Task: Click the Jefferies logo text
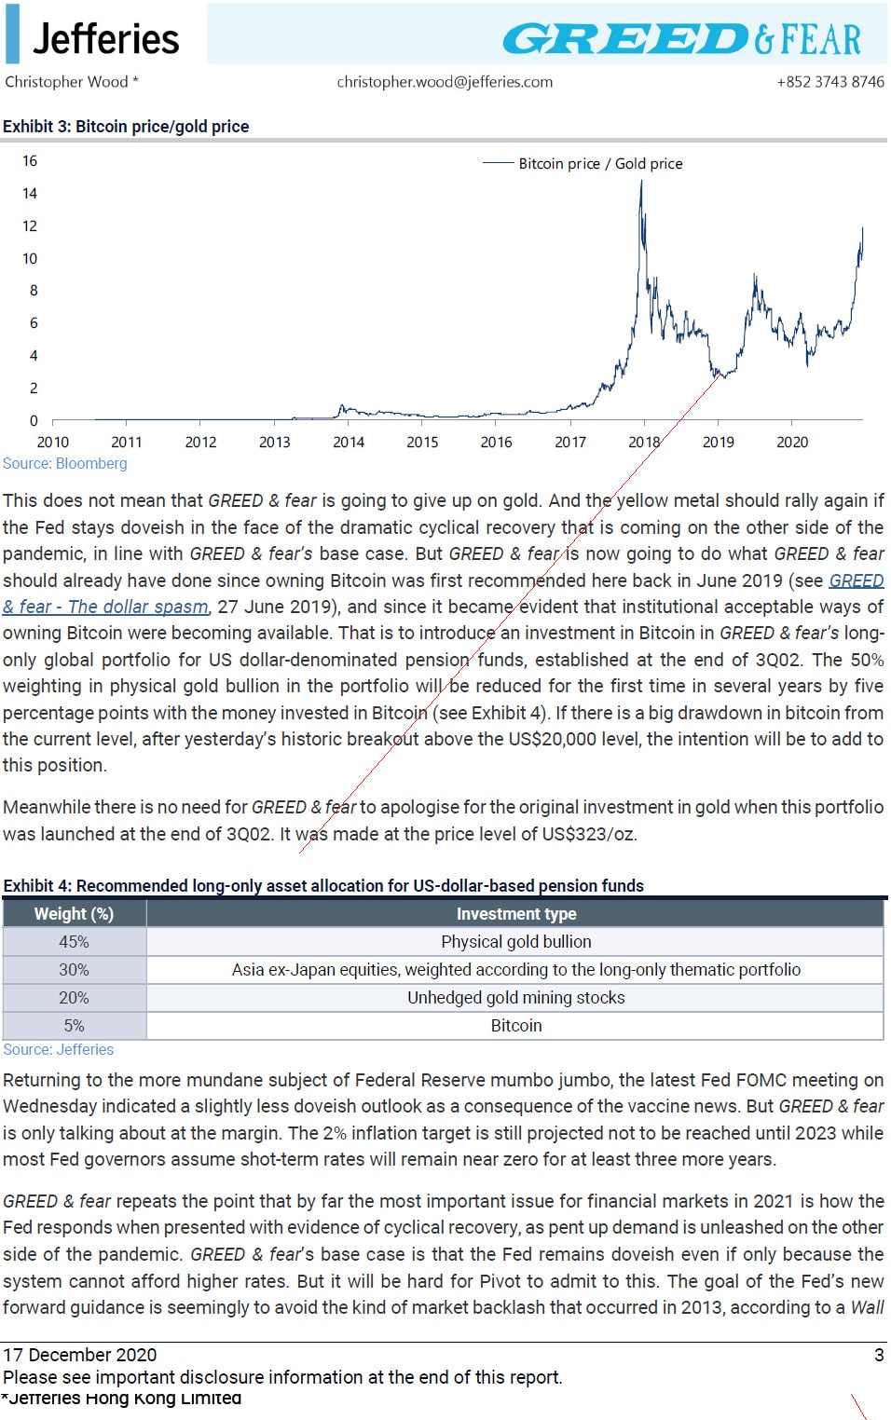[106, 39]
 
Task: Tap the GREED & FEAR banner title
[682, 38]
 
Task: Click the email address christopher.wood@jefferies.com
[445, 82]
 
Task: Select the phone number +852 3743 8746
[830, 82]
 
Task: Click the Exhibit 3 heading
[126, 126]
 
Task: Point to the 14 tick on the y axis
[30, 194]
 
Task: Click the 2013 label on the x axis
[275, 442]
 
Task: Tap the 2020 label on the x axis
[792, 442]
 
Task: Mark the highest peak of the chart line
[641, 182]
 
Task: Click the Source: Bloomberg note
[64, 463]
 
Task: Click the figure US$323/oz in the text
[588, 834]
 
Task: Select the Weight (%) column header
[75, 913]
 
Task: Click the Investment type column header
[516, 913]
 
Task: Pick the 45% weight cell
[75, 941]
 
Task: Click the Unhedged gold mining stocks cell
[515, 997]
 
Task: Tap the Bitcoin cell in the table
[515, 1025]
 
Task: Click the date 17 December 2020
[80, 1355]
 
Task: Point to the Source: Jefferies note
[59, 1049]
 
